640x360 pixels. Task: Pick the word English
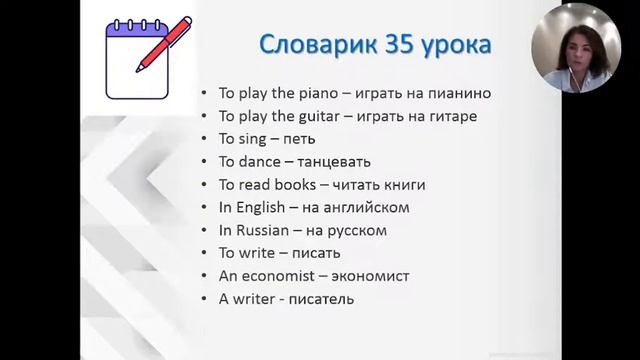point(263,208)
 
